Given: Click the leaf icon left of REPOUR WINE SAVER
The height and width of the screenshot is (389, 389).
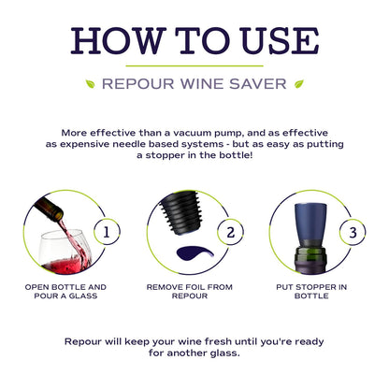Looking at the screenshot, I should (x=91, y=83).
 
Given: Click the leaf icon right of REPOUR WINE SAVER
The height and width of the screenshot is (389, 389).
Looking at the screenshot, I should (x=299, y=83).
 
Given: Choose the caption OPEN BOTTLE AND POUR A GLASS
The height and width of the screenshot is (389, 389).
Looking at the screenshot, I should (x=65, y=292).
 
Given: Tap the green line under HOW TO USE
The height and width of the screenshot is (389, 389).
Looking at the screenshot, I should (x=194, y=65).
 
